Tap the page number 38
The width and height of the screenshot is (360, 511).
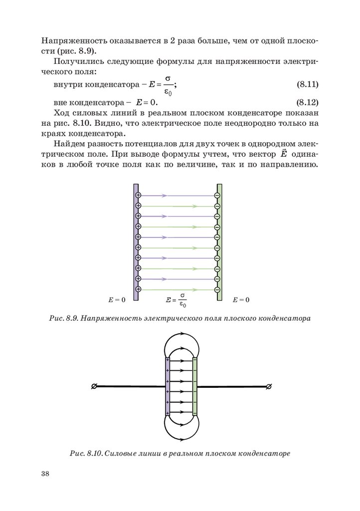click(46, 474)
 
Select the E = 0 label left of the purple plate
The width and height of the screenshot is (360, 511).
click(117, 300)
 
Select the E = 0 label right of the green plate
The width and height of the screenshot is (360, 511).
click(241, 300)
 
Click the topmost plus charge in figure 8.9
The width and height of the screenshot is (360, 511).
click(139, 195)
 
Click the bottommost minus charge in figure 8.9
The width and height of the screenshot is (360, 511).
click(217, 289)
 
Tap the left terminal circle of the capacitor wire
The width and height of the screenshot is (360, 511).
click(94, 387)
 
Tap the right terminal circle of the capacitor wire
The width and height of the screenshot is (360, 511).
click(269, 387)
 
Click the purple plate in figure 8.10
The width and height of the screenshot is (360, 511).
click(168, 387)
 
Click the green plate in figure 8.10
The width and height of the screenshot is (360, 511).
click(195, 387)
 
